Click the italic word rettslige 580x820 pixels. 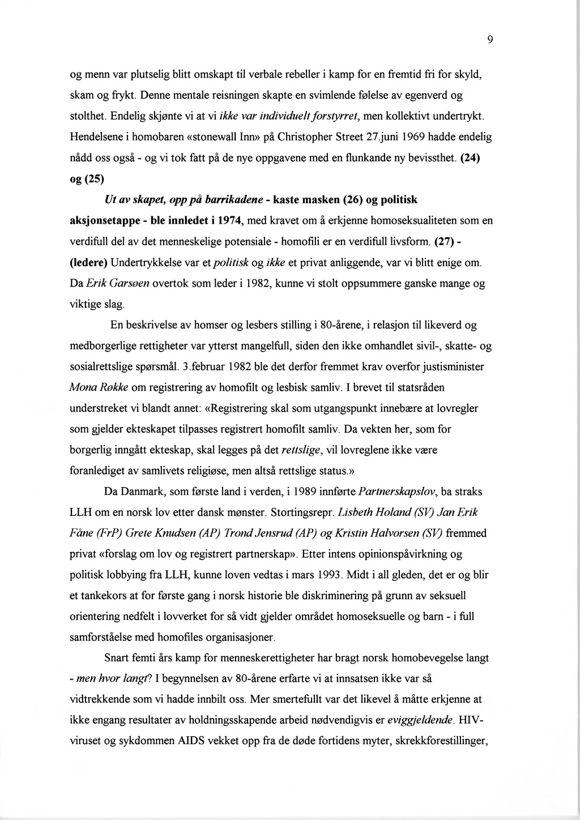[301, 450]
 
